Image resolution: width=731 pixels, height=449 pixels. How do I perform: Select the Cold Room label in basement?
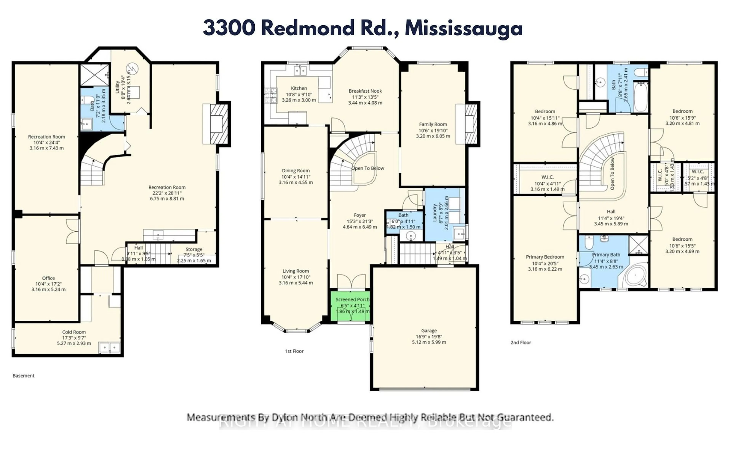point(74,332)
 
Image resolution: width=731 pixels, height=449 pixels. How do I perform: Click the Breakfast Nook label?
point(365,91)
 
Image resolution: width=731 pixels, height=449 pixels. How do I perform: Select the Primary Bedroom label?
point(545,257)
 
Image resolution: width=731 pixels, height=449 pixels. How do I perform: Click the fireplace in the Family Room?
point(471,124)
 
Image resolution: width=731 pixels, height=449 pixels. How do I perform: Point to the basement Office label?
point(48,278)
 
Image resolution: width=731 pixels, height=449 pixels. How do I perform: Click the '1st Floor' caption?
point(294,351)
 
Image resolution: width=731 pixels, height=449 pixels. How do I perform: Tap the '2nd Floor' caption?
point(521,342)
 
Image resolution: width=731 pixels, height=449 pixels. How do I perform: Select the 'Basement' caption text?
point(23,376)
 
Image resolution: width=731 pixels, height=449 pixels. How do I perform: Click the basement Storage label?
point(194,249)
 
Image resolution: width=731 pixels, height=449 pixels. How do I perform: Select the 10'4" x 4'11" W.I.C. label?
point(547,184)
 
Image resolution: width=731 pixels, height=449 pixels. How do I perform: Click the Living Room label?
point(296,271)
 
